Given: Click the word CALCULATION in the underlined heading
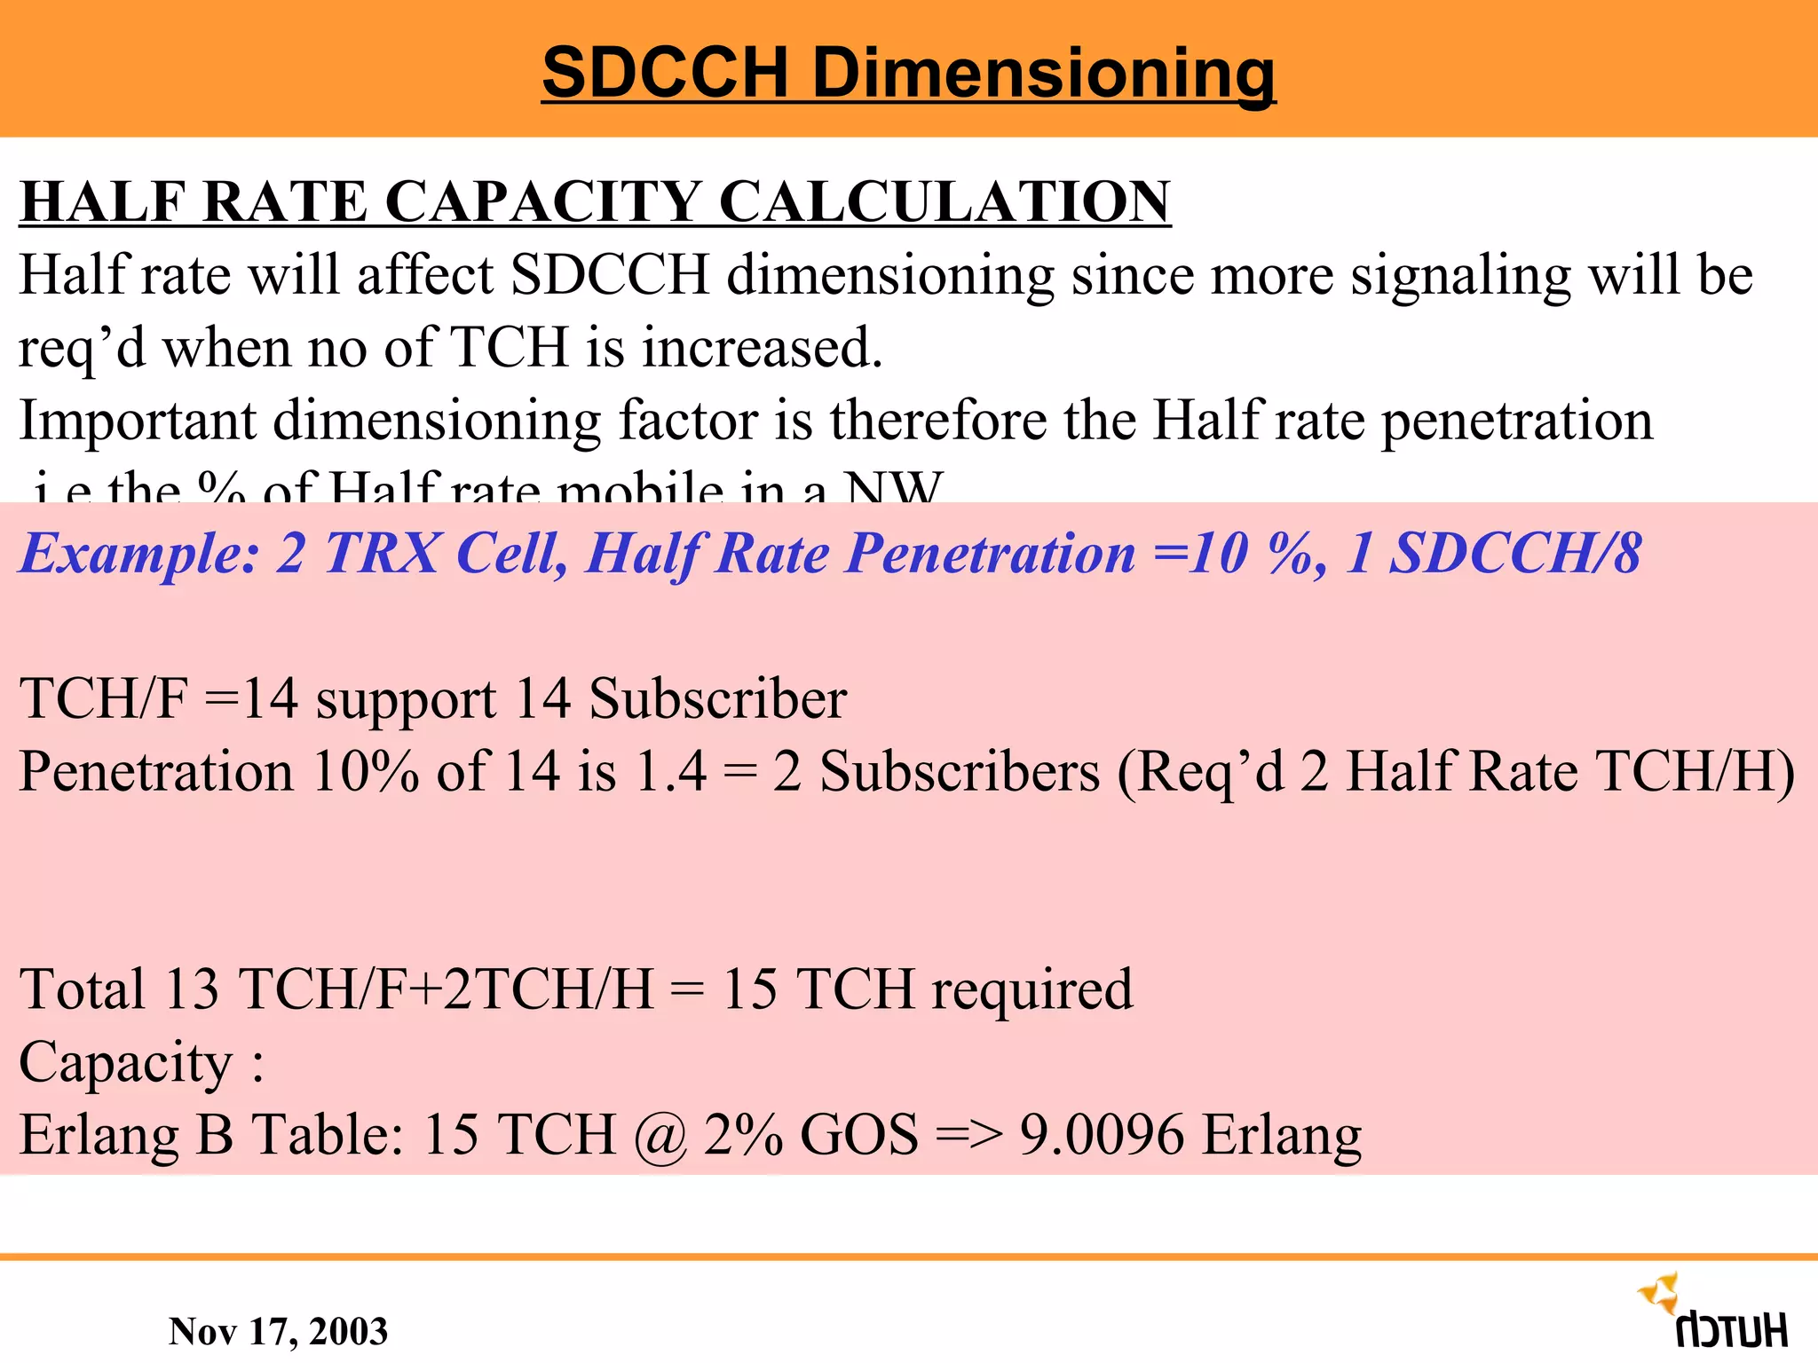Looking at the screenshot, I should [x=945, y=201].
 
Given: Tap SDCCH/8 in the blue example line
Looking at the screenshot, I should [x=1514, y=554].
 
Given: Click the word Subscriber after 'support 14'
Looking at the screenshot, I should [x=717, y=699].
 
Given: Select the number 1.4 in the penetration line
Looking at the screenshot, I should [x=671, y=771].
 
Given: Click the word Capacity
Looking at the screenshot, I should [x=125, y=1063].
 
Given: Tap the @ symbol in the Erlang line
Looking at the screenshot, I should [x=660, y=1136].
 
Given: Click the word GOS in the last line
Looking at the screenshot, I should [x=858, y=1136].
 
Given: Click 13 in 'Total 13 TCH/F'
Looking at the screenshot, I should [x=192, y=989].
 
